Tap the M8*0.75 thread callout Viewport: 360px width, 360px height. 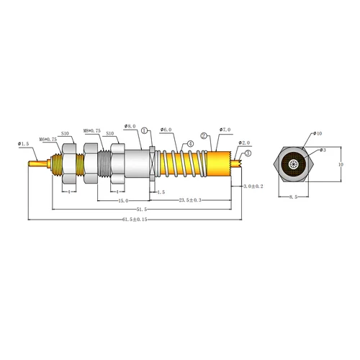pos(93,130)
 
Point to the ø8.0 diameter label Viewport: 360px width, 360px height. pos(130,126)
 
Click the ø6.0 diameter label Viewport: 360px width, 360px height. pos(166,130)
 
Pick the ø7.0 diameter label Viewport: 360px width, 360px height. pos(222,130)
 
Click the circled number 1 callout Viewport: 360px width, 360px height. pos(145,130)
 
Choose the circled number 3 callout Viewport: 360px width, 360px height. pos(248,153)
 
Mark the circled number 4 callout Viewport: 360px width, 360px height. pos(191,143)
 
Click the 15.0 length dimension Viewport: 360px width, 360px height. pos(124,201)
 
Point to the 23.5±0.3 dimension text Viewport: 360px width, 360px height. pos(190,201)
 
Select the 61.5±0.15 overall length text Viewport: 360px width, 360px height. pos(132,219)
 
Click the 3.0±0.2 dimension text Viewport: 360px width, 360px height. pos(253,186)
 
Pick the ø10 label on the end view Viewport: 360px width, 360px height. pos(318,134)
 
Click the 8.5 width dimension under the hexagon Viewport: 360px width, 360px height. pos(294,197)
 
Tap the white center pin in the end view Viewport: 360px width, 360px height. pos(294,165)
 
